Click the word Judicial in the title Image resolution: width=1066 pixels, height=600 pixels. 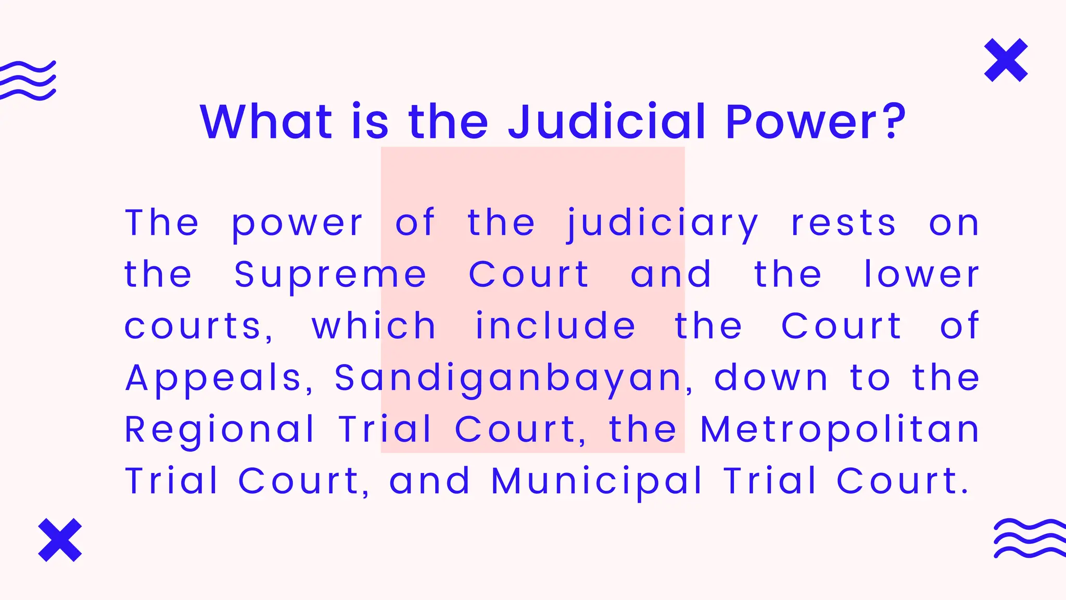pos(607,122)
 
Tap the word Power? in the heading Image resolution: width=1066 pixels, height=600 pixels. pos(816,122)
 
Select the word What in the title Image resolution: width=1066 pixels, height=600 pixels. pos(266,122)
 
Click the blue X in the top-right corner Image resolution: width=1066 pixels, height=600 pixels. pos(1006,60)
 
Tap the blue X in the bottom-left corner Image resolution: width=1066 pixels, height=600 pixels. pos(60,540)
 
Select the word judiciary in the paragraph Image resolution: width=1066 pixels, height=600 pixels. pos(662,224)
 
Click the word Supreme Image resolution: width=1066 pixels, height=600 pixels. pos(330,275)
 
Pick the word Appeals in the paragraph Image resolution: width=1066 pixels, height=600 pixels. pos(213,379)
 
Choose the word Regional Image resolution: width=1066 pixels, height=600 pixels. pos(220,430)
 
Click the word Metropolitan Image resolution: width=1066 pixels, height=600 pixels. pos(840,430)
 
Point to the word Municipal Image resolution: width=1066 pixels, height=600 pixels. pos(597,482)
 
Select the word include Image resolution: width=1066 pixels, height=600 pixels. pos(555,327)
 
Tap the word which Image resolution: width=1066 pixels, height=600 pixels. pos(374,327)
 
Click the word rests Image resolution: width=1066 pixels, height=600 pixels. pos(843,224)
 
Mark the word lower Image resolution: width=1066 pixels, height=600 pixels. pos(921,275)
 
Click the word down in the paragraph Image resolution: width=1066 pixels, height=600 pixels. pos(771,379)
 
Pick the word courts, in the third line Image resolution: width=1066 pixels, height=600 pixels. pos(198,327)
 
